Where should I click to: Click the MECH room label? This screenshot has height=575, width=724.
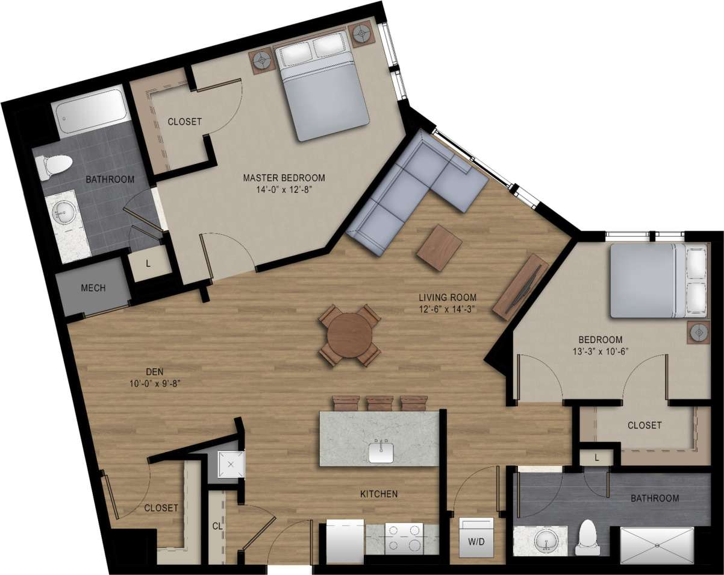[x=93, y=288]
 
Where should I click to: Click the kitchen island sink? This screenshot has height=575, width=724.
[x=381, y=452]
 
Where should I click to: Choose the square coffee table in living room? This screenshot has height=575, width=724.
[x=438, y=247]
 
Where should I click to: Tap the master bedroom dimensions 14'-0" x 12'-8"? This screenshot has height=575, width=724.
[x=284, y=189]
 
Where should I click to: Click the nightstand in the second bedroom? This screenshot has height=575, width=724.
[x=700, y=332]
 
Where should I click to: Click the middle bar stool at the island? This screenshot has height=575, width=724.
[x=379, y=403]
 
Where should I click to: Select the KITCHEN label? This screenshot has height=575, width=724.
[x=379, y=494]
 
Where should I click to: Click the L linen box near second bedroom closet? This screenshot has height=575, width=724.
[x=596, y=457]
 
